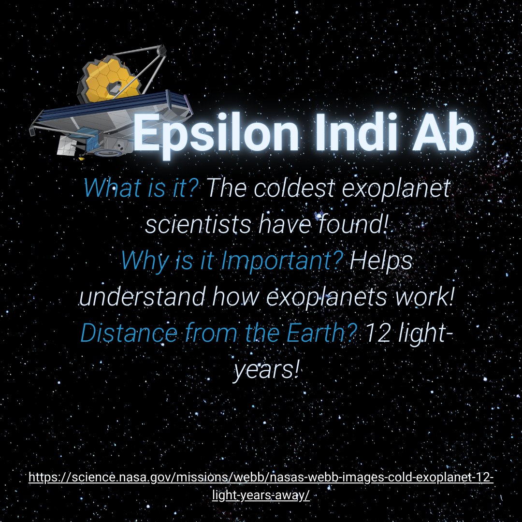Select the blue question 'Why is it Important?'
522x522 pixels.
pos(232,261)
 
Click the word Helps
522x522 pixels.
pos(381,261)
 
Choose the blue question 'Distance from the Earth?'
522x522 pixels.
pos(220,334)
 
